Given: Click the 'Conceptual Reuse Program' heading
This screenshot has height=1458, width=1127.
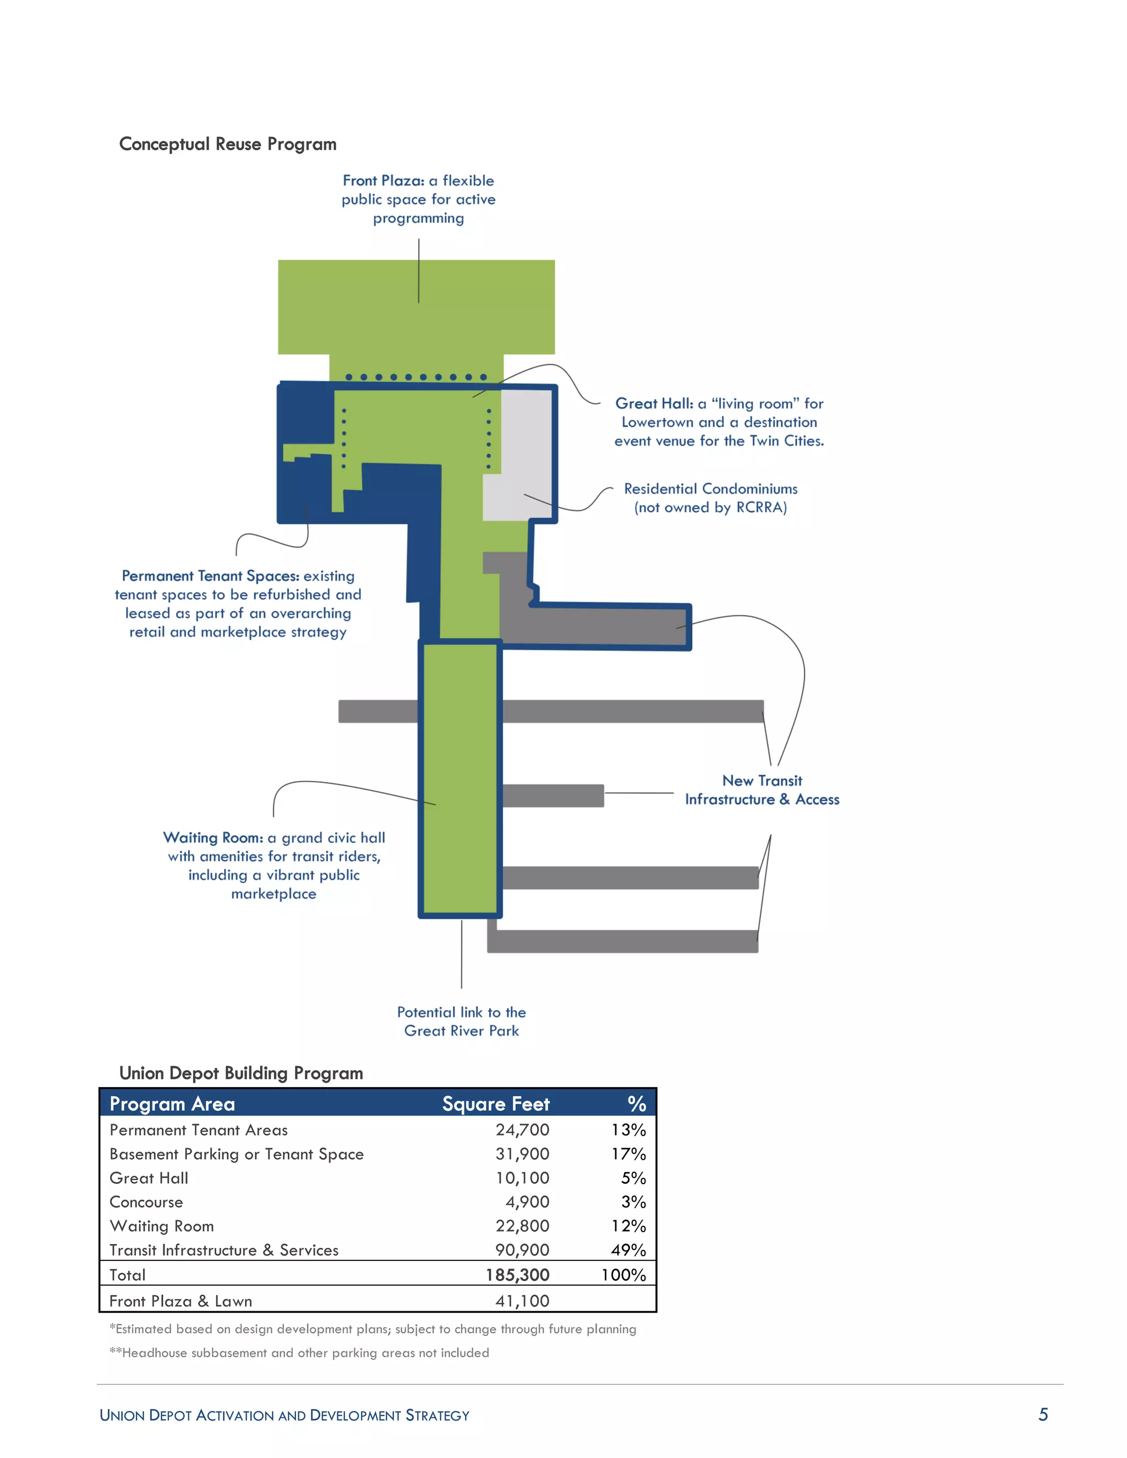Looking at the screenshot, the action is click(228, 144).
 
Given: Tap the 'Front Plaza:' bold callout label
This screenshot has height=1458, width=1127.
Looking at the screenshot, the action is click(383, 181).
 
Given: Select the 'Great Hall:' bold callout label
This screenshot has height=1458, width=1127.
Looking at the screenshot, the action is click(654, 403).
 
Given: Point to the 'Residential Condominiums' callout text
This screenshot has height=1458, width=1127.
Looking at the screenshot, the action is click(710, 489).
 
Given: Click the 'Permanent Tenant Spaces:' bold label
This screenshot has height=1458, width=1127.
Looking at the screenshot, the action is click(210, 576).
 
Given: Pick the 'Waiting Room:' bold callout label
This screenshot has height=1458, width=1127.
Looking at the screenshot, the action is click(213, 838).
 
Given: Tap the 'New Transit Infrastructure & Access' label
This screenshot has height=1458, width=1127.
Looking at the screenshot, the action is click(762, 791).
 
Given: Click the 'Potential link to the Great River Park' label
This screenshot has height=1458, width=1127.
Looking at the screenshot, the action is click(461, 1021).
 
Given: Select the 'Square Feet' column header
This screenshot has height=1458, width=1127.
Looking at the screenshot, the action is click(495, 1104).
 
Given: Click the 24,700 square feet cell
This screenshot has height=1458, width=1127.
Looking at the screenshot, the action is click(522, 1130).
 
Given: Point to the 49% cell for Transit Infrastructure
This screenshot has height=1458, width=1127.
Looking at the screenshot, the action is click(628, 1251).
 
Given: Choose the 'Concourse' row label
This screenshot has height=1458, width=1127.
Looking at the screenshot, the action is click(146, 1202).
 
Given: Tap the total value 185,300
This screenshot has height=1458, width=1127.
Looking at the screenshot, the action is click(517, 1275).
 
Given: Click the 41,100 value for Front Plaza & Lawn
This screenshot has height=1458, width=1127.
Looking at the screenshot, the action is click(522, 1301).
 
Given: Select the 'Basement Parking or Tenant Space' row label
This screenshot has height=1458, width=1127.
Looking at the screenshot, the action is click(236, 1154).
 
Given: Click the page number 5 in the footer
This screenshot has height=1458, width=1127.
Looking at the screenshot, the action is click(1043, 1415).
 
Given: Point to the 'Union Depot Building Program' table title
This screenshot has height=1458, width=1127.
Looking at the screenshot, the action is click(241, 1073).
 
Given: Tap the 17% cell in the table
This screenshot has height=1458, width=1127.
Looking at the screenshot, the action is click(628, 1154).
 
